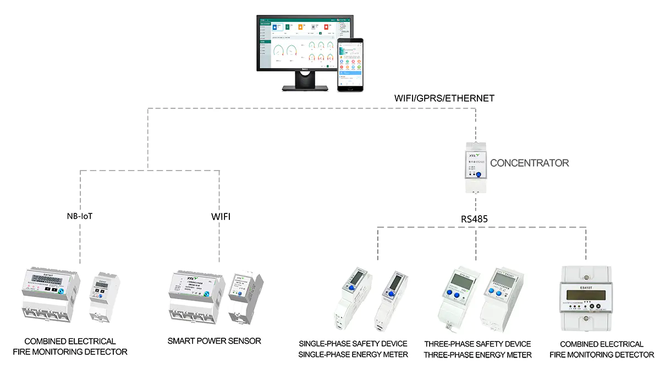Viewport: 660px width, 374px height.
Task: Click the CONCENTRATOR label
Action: tap(529, 163)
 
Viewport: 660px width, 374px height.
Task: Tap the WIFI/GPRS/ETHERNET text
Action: tap(444, 98)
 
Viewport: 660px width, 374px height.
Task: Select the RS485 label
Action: tap(475, 219)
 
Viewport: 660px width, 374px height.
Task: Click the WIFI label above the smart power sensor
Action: tap(221, 217)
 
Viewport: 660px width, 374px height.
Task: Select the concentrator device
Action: tap(476, 166)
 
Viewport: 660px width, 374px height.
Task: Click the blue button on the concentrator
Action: tap(478, 175)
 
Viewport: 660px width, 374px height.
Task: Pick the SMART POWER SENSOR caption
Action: tap(214, 341)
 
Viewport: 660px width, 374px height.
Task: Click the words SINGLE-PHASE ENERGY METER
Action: tap(353, 355)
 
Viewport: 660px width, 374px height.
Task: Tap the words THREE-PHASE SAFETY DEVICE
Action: tap(477, 344)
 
